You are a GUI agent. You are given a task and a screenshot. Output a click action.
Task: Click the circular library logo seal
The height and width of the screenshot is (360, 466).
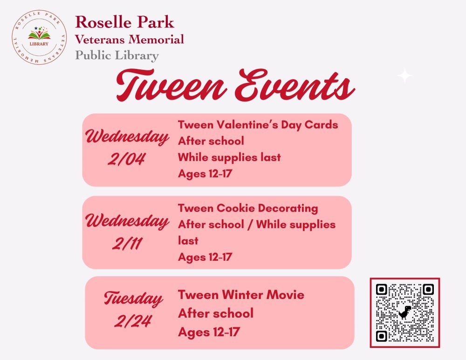pyautogui.click(x=39, y=37)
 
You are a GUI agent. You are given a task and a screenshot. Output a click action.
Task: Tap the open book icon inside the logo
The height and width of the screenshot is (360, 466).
pyautogui.click(x=39, y=35)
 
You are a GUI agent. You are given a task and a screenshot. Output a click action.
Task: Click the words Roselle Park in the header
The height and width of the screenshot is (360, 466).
pyautogui.click(x=124, y=22)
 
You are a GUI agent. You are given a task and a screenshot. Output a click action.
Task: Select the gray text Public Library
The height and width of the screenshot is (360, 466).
pyautogui.click(x=117, y=55)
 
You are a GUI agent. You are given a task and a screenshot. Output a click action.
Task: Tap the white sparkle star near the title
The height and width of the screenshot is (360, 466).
pyautogui.click(x=405, y=75)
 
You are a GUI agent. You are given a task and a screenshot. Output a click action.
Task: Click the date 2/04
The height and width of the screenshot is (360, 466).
pyautogui.click(x=126, y=159)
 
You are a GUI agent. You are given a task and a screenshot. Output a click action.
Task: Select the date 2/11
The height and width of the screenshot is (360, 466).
pyautogui.click(x=127, y=244)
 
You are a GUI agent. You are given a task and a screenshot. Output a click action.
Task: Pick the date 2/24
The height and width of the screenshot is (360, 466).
pyautogui.click(x=132, y=321)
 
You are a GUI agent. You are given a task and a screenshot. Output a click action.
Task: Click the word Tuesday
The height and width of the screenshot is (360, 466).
pyautogui.click(x=133, y=299)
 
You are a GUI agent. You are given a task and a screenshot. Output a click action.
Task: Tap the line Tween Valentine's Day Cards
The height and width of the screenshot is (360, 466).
pyautogui.click(x=258, y=125)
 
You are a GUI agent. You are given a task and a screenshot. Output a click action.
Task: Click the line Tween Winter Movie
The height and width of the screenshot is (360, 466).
pyautogui.click(x=241, y=295)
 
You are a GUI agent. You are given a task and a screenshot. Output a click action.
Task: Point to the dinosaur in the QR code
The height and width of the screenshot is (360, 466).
pyautogui.click(x=404, y=312)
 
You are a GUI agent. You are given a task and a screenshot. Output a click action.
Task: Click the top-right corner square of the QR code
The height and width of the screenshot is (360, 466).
pyautogui.click(x=428, y=289)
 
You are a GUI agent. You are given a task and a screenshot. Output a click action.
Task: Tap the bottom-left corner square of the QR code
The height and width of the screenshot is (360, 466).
pyautogui.click(x=381, y=336)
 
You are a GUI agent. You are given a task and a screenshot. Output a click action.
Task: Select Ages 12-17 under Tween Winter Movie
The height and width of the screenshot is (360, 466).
pyautogui.click(x=209, y=332)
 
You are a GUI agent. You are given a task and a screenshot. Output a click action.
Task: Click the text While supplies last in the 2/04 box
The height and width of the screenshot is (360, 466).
pyautogui.click(x=229, y=157)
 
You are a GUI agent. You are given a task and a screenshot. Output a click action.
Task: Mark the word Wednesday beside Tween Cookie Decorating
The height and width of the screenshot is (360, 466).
pyautogui.click(x=127, y=222)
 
